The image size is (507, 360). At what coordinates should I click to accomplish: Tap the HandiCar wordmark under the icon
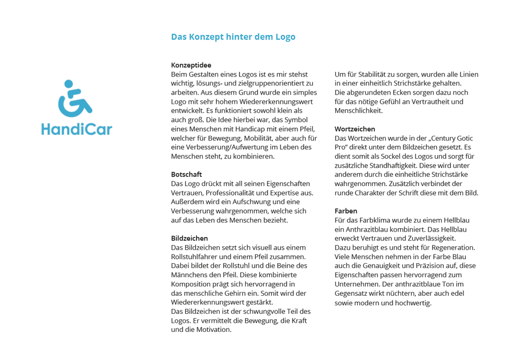coord(77,128)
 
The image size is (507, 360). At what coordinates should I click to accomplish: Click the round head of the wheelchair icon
coord(69,84)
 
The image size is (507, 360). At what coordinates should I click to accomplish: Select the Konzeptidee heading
coord(191,65)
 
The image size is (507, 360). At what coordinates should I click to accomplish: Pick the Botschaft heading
coord(186,174)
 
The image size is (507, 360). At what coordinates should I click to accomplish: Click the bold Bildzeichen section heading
coord(189,238)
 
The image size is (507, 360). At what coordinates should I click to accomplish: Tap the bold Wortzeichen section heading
coord(355,129)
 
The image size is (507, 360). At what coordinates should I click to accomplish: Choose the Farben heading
coord(346,211)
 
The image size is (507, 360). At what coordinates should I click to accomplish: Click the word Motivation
coord(212,330)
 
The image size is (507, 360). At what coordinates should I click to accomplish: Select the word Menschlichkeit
coord(358,110)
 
